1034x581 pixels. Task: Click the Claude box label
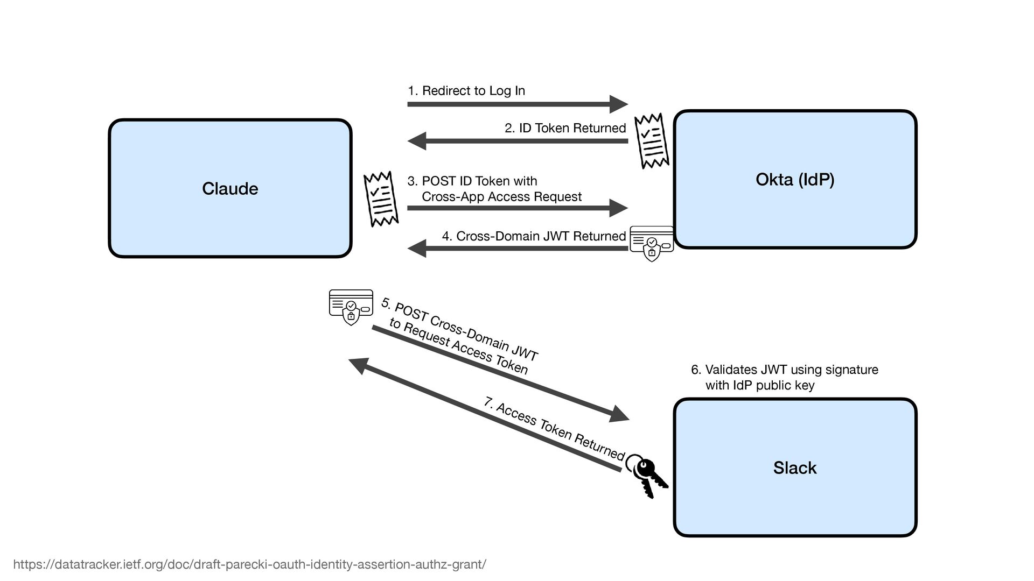[x=230, y=189]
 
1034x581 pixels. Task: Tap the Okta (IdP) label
[x=795, y=180]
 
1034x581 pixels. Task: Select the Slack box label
[x=795, y=468]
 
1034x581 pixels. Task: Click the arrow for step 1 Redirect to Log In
[x=517, y=104]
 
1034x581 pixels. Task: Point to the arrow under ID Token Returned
[x=517, y=141]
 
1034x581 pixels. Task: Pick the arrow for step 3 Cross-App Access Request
[x=517, y=208]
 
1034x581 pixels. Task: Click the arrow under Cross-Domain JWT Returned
[x=517, y=249]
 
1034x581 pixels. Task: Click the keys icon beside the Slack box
[x=648, y=474]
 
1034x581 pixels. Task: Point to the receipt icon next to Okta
[x=652, y=141]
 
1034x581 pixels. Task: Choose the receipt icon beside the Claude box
[x=381, y=199]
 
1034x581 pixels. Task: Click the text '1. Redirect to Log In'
[x=466, y=91]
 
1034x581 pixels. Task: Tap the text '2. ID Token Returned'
[x=565, y=128]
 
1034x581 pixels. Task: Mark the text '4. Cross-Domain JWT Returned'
[x=534, y=236]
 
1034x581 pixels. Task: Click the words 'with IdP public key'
[x=760, y=385]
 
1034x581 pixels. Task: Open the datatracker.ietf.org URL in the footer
[x=250, y=564]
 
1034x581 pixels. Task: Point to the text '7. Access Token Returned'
[x=554, y=429]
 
